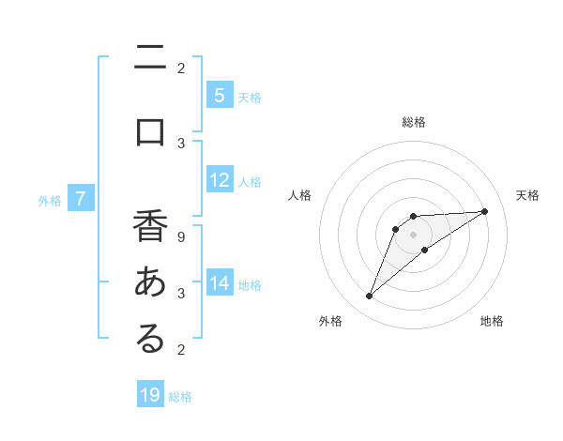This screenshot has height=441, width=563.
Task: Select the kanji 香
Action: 150,228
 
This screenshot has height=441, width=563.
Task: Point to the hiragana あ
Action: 150,282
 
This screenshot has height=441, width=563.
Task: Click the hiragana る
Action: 150,340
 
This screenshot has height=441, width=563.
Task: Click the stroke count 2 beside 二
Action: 181,68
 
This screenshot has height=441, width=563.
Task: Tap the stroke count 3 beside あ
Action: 181,294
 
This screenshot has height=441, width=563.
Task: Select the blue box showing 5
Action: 219,95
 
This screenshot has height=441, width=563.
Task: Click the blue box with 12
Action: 219,180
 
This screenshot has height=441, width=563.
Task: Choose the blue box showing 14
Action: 219,283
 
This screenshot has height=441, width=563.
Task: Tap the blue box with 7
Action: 81,198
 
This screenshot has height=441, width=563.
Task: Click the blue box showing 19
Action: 150,395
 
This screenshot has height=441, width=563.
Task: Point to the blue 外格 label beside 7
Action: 50,199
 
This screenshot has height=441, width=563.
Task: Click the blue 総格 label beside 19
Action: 180,396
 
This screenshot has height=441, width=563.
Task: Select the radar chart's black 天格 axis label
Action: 528,195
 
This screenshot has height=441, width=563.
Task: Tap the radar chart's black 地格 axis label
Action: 492,321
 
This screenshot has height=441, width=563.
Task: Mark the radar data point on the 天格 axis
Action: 484,211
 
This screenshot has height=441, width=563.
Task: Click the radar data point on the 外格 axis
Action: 369,297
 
